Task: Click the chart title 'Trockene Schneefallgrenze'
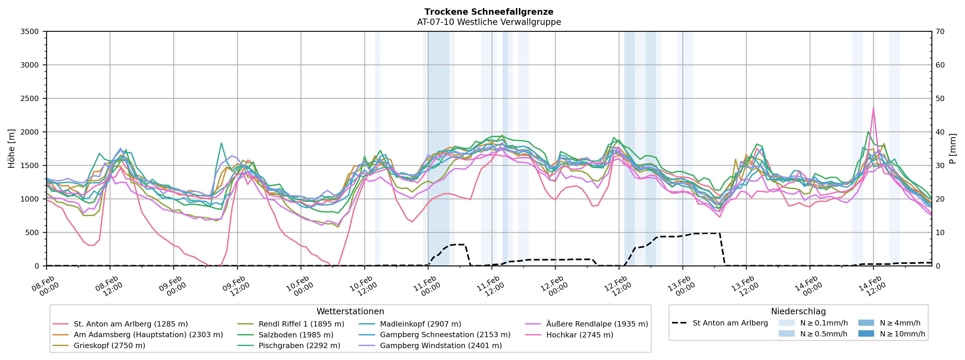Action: (x=489, y=12)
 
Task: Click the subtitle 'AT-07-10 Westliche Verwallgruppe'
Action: (x=489, y=22)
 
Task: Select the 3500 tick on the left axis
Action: (x=30, y=31)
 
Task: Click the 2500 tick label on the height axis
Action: (x=30, y=99)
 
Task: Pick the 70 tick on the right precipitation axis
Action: (x=940, y=31)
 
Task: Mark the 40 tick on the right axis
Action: (x=940, y=132)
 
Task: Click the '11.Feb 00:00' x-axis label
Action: (x=427, y=287)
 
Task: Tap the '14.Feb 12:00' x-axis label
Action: (x=873, y=287)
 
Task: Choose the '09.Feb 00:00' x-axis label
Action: (x=173, y=287)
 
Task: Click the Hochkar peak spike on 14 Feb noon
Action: (x=874, y=108)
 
